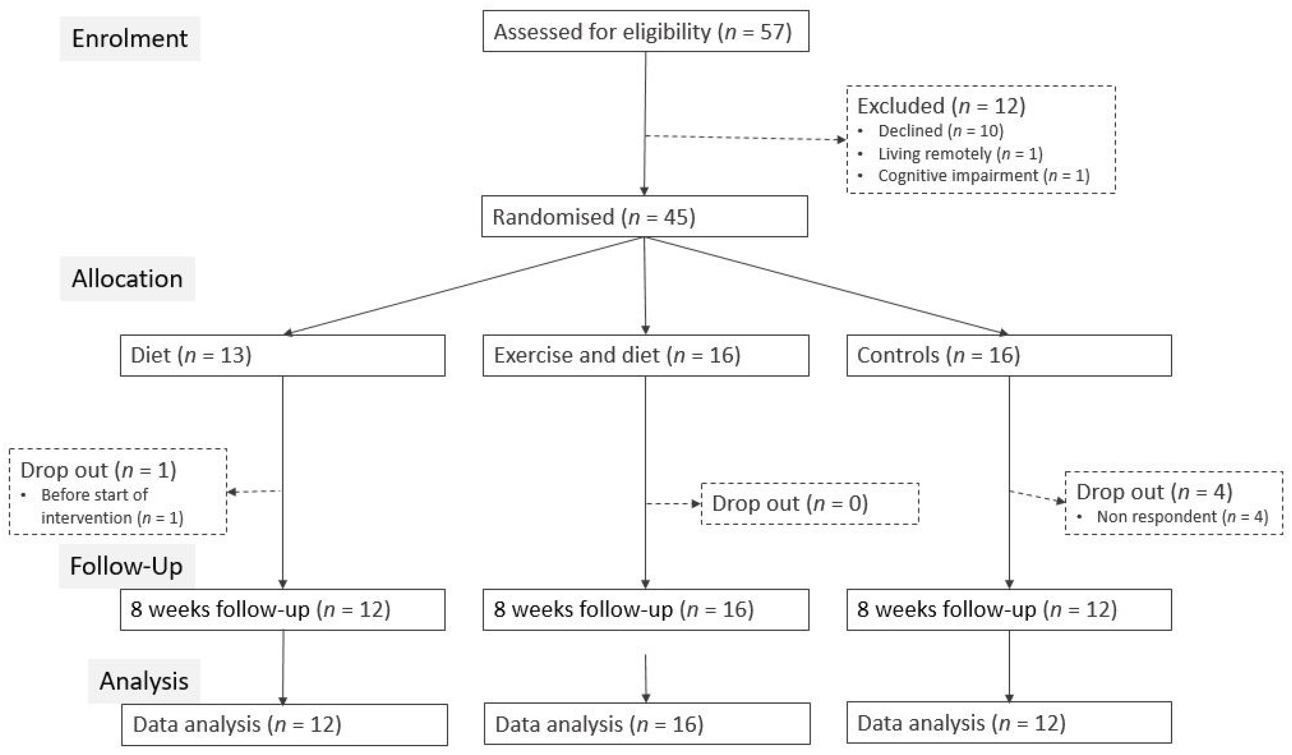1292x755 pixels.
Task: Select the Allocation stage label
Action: pos(127,278)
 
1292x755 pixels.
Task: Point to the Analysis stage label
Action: pos(144,681)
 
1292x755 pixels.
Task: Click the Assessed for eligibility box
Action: pos(645,32)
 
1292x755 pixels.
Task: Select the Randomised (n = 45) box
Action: pos(644,216)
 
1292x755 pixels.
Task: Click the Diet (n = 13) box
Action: pos(282,355)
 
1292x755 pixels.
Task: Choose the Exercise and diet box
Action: pos(645,355)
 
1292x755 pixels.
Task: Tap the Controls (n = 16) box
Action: pos(1009,355)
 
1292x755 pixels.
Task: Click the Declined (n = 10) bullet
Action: pos(940,131)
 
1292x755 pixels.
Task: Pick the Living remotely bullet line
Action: pos(960,153)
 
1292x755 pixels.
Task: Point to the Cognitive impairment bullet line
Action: pos(983,176)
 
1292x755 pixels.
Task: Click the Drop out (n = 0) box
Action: pos(810,504)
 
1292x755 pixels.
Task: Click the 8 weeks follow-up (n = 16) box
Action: pos(645,609)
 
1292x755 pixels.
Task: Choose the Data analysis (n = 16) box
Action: pos(647,724)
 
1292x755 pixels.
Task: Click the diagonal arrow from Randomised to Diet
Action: pos(461,286)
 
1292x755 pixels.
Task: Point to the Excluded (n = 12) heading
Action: pos(941,106)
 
